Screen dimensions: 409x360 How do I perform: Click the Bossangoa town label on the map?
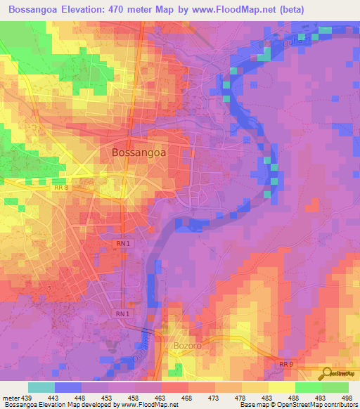[x=139, y=152]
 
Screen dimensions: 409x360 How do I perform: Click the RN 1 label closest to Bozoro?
[x=122, y=313]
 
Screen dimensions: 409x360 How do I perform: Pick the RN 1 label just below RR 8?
[x=122, y=243]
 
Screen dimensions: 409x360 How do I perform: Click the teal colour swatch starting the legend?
[x=41, y=387]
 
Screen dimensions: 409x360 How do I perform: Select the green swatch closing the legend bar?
[x=335, y=387]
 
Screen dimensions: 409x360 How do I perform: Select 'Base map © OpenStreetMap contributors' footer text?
[x=298, y=405]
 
